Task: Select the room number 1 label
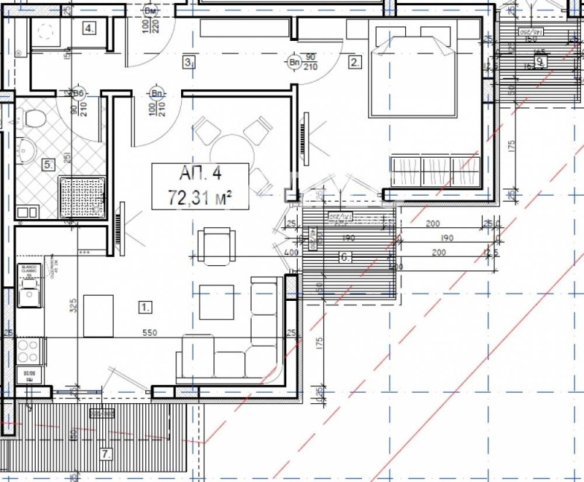(x=146, y=306)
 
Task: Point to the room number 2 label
(x=356, y=62)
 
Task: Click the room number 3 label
(x=188, y=63)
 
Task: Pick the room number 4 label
(x=89, y=28)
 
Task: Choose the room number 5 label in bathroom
(x=49, y=165)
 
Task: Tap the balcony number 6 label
(x=345, y=257)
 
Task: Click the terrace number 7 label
(x=106, y=454)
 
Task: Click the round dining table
(x=233, y=153)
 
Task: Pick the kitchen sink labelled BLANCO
(x=29, y=296)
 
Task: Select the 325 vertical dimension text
(x=73, y=305)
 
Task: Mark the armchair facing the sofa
(x=219, y=246)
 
